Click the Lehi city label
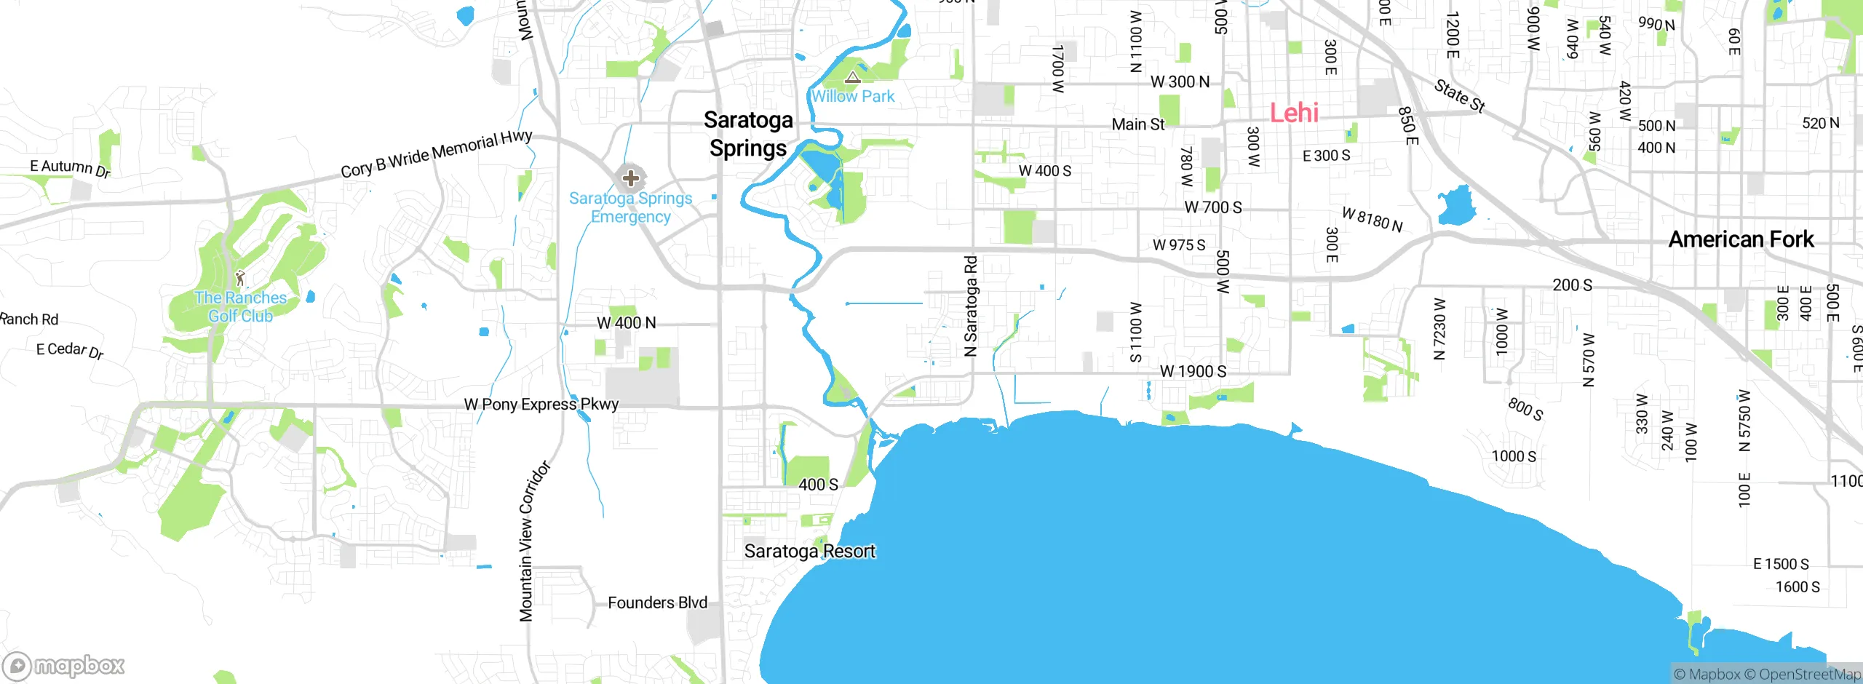[x=1294, y=113]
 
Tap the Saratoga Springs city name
[x=748, y=134]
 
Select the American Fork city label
[x=1741, y=239]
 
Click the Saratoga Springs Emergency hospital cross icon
[x=631, y=178]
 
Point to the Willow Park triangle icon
[x=852, y=77]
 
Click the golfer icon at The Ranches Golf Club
[x=240, y=278]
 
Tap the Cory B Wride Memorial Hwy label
[x=437, y=154]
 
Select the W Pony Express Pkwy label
[x=541, y=405]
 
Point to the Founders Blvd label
[x=657, y=603]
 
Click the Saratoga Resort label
[x=809, y=552]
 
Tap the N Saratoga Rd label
[x=971, y=306]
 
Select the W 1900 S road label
[x=1193, y=372]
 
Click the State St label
[x=1459, y=96]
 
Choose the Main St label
[x=1138, y=124]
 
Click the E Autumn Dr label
[x=70, y=168]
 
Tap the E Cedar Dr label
[x=70, y=350]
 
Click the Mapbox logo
[x=64, y=666]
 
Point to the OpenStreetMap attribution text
[x=1809, y=675]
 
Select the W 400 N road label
[x=626, y=323]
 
